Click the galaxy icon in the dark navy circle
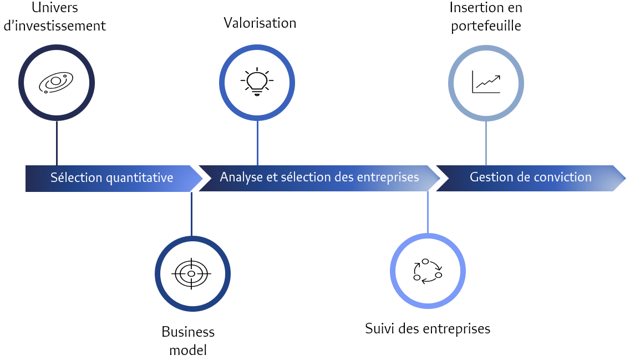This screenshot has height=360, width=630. pyautogui.click(x=56, y=83)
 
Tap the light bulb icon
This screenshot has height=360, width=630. pyautogui.click(x=257, y=82)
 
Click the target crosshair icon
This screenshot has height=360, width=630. pyautogui.click(x=192, y=273)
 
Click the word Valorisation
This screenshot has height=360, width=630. pyautogui.click(x=260, y=23)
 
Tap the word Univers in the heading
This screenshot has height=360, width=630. pyautogui.click(x=55, y=8)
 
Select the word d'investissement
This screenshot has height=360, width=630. pyautogui.click(x=55, y=26)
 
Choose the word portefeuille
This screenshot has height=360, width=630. pyautogui.click(x=486, y=26)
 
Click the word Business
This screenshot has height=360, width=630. pyautogui.click(x=188, y=332)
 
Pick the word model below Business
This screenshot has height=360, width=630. pyautogui.click(x=188, y=350)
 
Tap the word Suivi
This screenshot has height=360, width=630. pyautogui.click(x=379, y=328)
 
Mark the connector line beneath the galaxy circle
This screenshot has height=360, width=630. pyautogui.click(x=57, y=143)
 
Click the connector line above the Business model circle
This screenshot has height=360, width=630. pyautogui.click(x=191, y=214)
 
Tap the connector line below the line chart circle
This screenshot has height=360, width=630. pyautogui.click(x=486, y=143)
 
